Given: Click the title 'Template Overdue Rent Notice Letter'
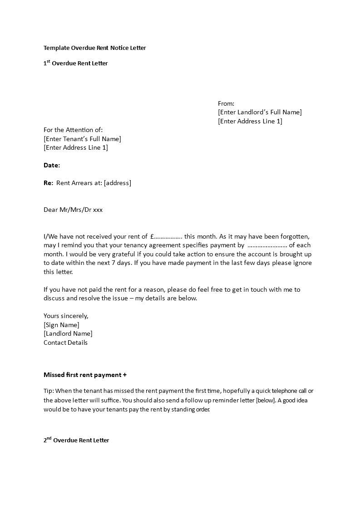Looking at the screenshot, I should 94,48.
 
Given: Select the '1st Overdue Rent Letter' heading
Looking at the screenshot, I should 75,64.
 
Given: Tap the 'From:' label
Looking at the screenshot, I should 226,103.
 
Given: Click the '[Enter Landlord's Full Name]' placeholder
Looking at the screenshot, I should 260,112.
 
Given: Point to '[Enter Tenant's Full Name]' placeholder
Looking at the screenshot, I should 82,139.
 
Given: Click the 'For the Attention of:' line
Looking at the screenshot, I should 76,130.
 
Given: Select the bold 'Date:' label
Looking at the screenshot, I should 52,165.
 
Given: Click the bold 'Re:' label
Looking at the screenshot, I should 49,183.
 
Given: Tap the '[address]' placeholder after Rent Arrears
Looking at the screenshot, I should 117,183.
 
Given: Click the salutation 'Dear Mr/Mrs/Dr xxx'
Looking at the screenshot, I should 73,210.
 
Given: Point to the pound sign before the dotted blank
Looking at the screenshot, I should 152,236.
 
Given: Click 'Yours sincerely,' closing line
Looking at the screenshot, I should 66,316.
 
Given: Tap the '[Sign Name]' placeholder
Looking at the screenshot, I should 61,325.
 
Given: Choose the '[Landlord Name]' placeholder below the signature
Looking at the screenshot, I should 68,334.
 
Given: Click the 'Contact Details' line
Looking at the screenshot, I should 65,343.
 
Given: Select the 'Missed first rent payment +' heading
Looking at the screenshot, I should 85,375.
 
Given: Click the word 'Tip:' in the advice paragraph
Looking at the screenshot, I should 49,391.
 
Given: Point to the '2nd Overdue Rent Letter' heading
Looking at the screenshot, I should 76,440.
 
